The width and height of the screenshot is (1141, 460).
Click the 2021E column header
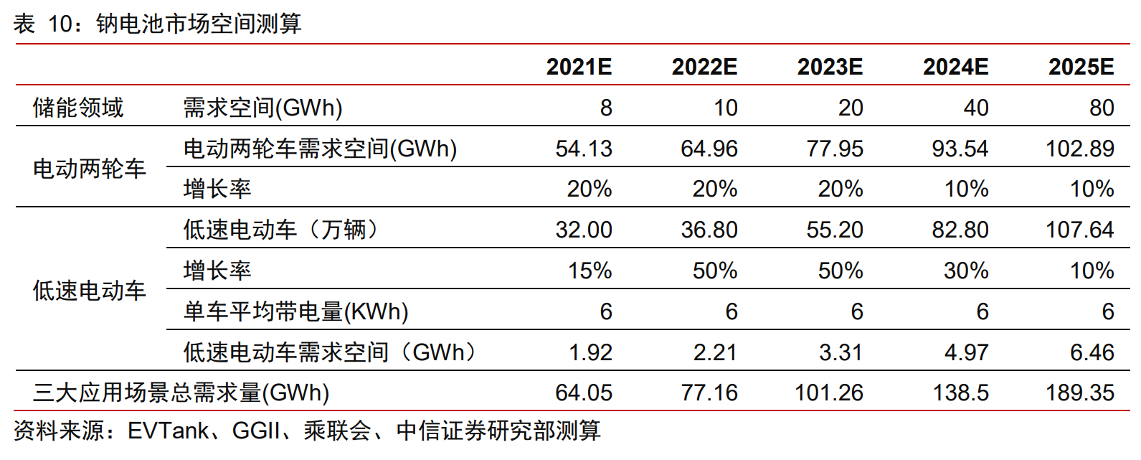point(579,67)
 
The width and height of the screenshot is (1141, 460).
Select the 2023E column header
point(830,67)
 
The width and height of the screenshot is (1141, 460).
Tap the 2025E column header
point(1081,67)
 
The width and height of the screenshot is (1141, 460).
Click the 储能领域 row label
point(78,108)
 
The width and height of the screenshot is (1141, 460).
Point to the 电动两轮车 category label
point(89,169)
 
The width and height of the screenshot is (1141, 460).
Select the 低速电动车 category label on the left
point(89,291)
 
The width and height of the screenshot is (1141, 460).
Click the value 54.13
point(584,149)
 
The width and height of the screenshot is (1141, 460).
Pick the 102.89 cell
point(1080,149)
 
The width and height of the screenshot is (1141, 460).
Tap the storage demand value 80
point(1102,108)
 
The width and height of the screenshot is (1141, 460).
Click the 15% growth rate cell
point(590,271)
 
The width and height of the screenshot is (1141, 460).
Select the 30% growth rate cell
point(966,271)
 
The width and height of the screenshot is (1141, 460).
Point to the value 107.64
point(1080,230)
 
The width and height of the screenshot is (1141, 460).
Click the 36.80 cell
point(709,230)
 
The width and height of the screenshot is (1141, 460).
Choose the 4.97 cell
point(966,352)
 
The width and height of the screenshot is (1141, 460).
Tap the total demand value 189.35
point(1080,393)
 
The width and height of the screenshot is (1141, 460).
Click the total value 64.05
point(584,393)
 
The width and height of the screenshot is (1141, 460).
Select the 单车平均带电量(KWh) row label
point(296,311)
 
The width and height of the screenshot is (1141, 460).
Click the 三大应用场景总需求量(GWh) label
point(181,393)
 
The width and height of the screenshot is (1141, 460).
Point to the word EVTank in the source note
point(168,431)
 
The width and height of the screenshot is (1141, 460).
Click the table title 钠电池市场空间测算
point(199,24)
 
